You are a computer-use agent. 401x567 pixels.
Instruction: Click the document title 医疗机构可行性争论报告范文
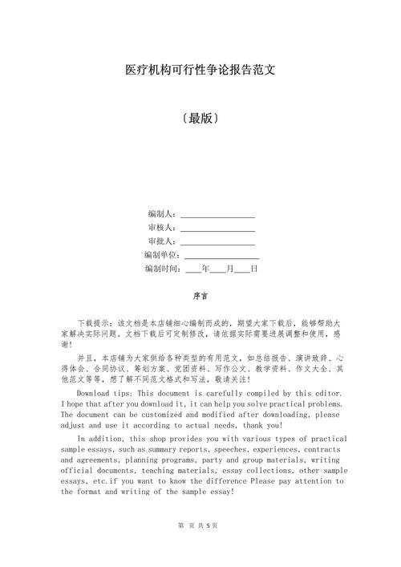click(200, 70)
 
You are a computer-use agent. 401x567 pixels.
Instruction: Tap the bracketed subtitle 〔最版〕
click(200, 118)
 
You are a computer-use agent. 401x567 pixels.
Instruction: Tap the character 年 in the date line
click(206, 269)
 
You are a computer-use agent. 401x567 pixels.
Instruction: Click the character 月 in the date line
click(230, 269)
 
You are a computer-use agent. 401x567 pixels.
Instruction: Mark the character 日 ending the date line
click(254, 269)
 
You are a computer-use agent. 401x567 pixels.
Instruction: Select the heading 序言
click(200, 295)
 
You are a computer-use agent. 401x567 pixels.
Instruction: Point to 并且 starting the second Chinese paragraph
click(84, 358)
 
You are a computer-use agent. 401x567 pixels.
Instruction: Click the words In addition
click(101, 439)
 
